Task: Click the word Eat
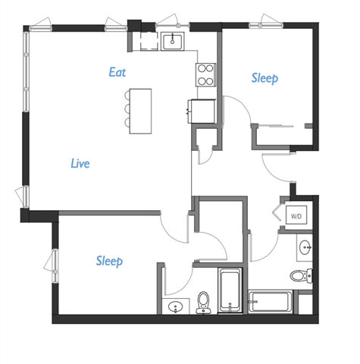tap(117, 73)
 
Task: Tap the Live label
tap(80, 163)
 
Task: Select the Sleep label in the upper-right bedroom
tap(265, 78)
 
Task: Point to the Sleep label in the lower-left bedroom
tap(110, 261)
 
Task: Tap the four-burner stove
tap(205, 73)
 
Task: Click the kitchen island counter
tap(140, 111)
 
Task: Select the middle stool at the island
tap(125, 111)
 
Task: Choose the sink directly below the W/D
tap(305, 247)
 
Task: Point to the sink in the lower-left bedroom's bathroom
tap(176, 307)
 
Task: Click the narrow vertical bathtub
tap(229, 291)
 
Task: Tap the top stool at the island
tap(125, 97)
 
